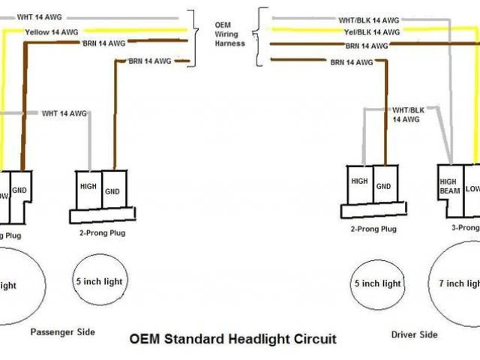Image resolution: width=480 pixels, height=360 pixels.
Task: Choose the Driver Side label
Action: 415,334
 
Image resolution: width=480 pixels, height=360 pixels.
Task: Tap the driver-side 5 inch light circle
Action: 377,283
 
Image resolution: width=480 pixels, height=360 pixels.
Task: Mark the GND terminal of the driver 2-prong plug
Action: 383,185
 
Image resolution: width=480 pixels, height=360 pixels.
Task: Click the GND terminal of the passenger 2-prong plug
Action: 113,191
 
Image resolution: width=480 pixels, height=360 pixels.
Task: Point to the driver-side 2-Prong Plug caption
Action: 373,229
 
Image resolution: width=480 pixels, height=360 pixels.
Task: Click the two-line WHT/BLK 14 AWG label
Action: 406,114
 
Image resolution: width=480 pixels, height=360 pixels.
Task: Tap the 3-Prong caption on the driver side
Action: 465,226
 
